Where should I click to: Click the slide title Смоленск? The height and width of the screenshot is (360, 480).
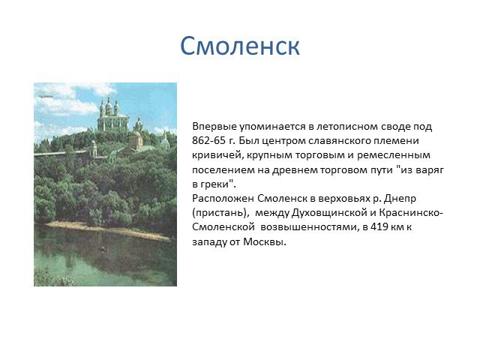coord(240,46)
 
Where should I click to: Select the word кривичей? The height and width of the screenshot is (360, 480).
coord(217,155)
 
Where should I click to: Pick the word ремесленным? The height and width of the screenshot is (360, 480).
coord(394,155)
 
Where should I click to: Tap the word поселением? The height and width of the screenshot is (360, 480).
coord(223,170)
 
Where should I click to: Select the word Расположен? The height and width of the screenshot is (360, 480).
coord(223,199)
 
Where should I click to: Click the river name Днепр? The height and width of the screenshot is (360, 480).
coord(400,199)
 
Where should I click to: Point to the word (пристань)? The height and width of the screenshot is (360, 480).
coord(219,213)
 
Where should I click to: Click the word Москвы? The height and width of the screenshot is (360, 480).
coord(265,241)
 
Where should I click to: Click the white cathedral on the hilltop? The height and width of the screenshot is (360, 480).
coord(112,115)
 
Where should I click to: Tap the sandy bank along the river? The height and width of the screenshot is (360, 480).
coord(107,230)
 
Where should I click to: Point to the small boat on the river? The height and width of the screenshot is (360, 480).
coord(103,248)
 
